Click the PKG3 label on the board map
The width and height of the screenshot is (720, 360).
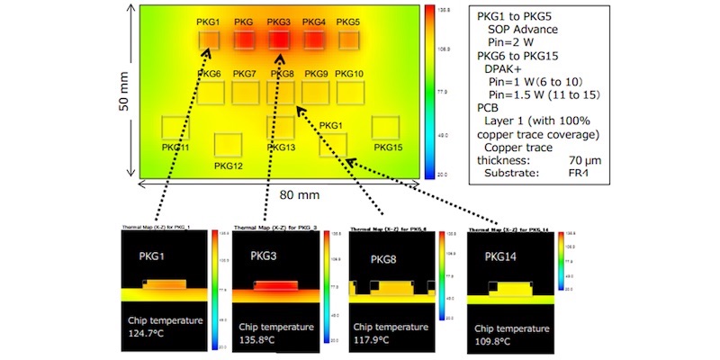[x=279, y=21]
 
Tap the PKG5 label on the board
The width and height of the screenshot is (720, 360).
[x=348, y=21]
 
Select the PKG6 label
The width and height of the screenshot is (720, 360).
[x=210, y=74]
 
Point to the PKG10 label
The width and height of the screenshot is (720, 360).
[x=346, y=74]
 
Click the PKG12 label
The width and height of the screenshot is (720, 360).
[x=229, y=166]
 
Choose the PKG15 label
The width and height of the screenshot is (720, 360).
[x=389, y=147]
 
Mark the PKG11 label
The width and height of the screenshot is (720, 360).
[x=175, y=147]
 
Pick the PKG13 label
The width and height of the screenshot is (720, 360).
[x=281, y=147]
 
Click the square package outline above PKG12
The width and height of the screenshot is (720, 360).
[x=229, y=145]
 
